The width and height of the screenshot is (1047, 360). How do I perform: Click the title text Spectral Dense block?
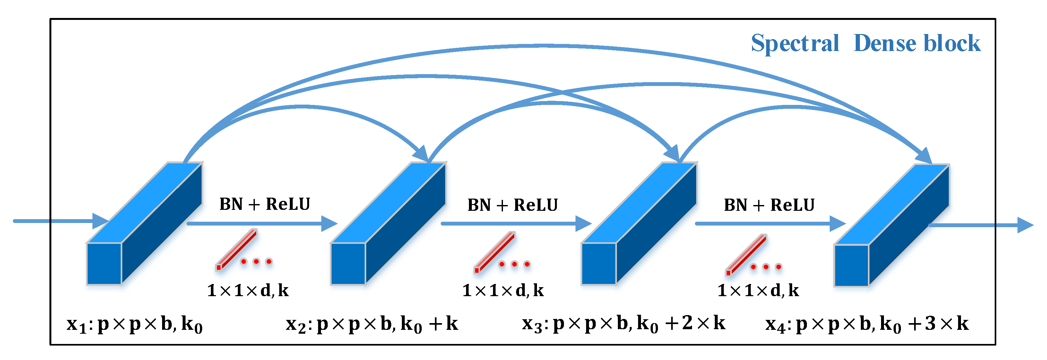[x=865, y=43]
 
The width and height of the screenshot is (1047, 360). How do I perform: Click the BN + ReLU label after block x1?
[x=264, y=204]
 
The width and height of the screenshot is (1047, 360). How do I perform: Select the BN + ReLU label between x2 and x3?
[x=513, y=205]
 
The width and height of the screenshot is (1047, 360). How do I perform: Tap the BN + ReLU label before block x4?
[x=769, y=205]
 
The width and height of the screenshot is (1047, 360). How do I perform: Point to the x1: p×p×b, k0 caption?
[x=134, y=325]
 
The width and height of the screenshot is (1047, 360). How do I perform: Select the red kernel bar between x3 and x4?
[x=747, y=254]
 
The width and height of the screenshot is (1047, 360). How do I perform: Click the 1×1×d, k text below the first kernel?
[x=248, y=290]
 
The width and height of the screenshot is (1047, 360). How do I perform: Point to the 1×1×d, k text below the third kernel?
[x=758, y=290]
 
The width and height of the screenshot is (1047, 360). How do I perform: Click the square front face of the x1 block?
[x=104, y=264]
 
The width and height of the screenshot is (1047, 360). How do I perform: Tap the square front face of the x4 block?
[x=852, y=265]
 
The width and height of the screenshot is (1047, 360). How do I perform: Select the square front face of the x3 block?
[x=599, y=264]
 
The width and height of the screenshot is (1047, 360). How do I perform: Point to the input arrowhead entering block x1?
[x=100, y=221]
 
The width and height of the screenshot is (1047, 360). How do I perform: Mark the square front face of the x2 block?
[x=348, y=264]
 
